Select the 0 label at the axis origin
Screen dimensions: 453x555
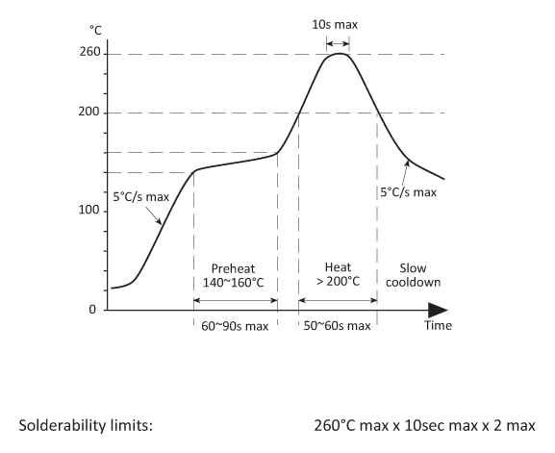click(92, 311)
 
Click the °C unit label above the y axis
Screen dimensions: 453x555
click(95, 32)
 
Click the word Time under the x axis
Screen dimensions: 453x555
click(438, 326)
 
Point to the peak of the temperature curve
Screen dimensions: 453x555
click(338, 54)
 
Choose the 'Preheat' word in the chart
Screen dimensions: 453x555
click(236, 267)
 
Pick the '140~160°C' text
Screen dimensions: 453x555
click(236, 282)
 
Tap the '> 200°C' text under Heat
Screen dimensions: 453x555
click(338, 282)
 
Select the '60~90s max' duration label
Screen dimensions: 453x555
click(236, 326)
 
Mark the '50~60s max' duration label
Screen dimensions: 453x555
click(338, 326)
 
